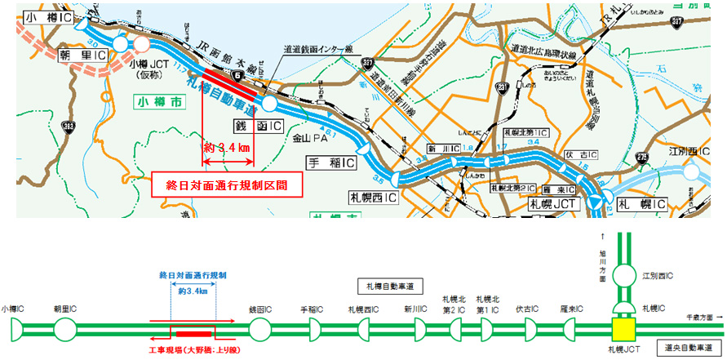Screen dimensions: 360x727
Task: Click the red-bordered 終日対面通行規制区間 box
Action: pos(223,185)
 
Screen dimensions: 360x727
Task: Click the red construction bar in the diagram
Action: pos(193,333)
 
